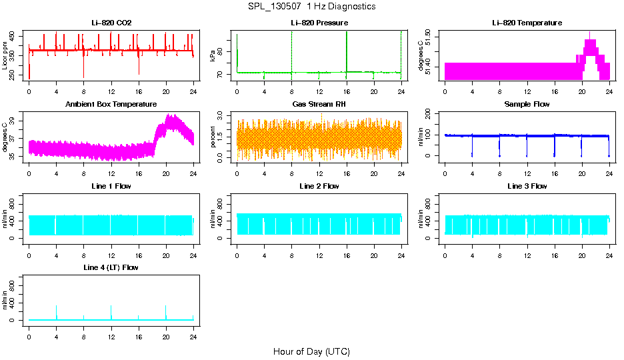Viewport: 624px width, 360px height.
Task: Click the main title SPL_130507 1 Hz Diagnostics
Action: point(311,7)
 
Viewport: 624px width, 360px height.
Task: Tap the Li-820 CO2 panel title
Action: point(111,23)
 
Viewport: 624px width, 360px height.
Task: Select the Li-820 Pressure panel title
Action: point(319,23)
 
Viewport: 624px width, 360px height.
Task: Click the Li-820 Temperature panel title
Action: point(527,23)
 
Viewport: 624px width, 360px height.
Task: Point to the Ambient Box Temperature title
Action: point(111,105)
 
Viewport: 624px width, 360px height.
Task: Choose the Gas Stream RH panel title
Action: point(319,105)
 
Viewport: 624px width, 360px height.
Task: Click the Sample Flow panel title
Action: point(527,105)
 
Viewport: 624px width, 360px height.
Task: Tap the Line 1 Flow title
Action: point(111,186)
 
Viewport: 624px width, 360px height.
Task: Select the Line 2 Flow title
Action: point(319,186)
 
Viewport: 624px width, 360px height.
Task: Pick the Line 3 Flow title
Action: point(527,186)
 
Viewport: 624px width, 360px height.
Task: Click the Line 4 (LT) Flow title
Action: point(111,267)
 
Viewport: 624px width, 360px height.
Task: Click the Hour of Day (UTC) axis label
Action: point(311,351)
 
